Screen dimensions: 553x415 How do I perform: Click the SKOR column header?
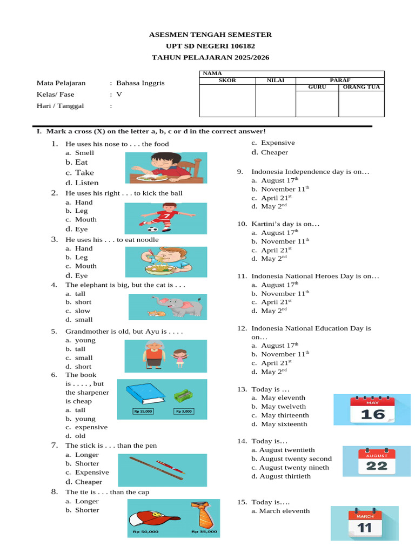(227, 80)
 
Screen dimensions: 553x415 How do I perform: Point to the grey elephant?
(184, 307)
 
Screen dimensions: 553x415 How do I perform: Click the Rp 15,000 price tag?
(143, 412)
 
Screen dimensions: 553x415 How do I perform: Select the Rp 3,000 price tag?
(184, 412)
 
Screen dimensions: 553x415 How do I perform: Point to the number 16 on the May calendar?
(373, 414)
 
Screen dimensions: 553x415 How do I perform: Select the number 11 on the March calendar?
(365, 527)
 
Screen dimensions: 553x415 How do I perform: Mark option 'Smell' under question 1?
(84, 153)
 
